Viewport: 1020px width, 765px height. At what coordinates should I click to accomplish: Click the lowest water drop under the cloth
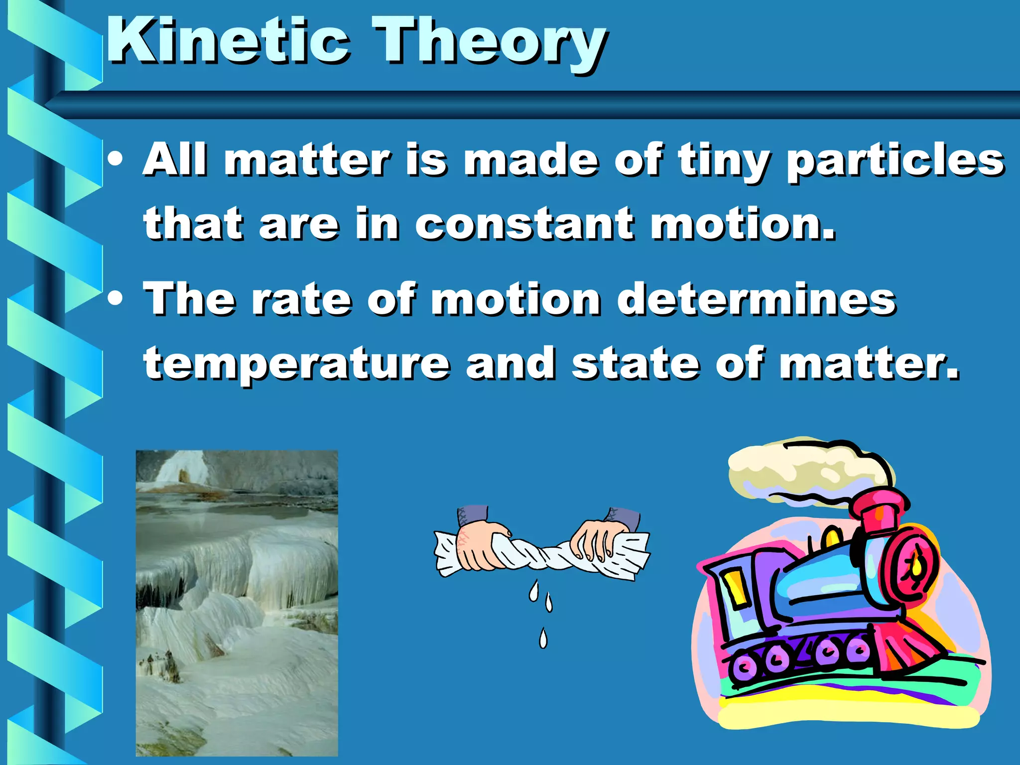coord(543,638)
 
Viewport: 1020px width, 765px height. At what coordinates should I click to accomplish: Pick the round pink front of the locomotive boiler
coord(914,568)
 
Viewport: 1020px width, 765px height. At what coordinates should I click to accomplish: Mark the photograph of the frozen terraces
coord(237,603)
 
